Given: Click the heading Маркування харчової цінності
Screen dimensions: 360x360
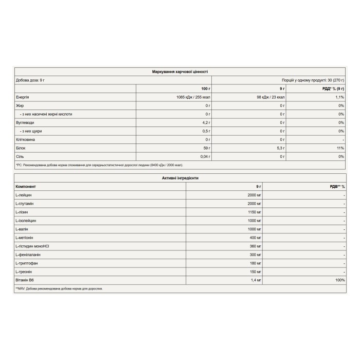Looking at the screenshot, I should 180,71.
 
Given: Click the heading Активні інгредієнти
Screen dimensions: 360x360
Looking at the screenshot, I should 180,177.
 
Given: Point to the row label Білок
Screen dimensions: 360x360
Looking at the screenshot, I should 21,148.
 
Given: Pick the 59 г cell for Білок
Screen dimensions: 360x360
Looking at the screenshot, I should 207,148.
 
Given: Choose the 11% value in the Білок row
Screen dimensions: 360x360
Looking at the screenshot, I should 340,148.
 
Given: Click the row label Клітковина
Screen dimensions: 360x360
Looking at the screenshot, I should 26,139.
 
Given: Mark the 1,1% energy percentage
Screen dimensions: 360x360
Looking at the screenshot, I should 339,97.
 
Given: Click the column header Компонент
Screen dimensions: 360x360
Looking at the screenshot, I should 26,186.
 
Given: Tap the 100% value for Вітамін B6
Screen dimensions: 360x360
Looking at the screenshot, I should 339,280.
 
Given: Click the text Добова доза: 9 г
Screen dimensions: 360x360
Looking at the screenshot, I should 30,80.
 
